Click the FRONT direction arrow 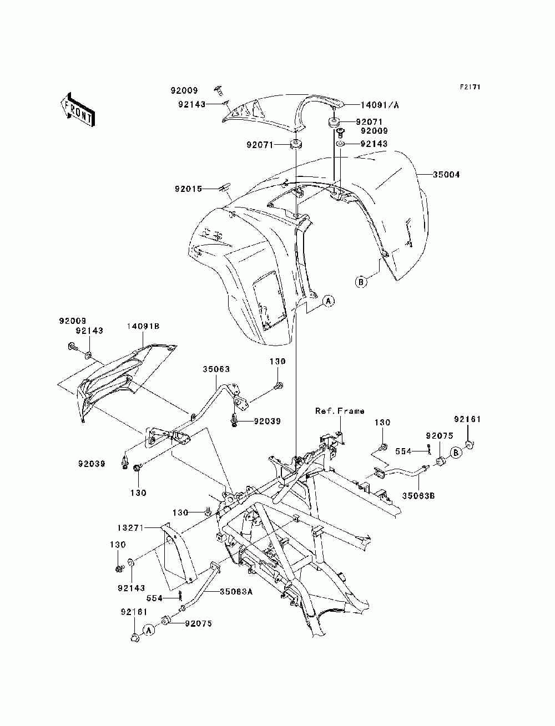(78, 110)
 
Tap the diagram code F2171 (470, 87)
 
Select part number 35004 (446, 174)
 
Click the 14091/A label (379, 105)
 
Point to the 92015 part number (188, 189)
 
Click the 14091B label (143, 326)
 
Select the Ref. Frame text (340, 411)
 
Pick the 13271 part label (130, 528)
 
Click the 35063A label (236, 601)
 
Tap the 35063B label (418, 496)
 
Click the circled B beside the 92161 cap (456, 453)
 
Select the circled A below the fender (329, 301)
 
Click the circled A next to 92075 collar (149, 631)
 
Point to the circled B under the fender (361, 282)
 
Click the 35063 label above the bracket (216, 369)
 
